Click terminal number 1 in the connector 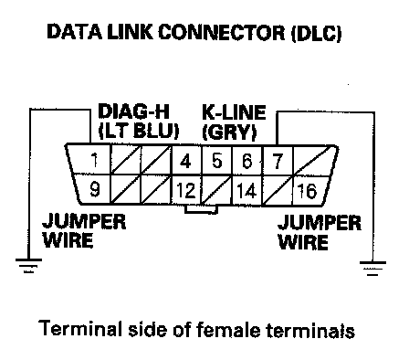click(95, 160)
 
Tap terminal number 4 click(185, 161)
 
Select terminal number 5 click(216, 161)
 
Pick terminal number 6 click(247, 161)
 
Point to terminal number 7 click(278, 162)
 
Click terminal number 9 click(95, 189)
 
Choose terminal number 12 click(185, 191)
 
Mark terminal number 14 click(246, 191)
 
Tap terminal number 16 click(307, 191)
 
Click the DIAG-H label click(133, 111)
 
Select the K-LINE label click(234, 112)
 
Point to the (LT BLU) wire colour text click(139, 132)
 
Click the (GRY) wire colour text click(229, 132)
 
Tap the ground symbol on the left click(28, 265)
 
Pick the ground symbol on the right click(372, 268)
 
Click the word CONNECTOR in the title click(221, 32)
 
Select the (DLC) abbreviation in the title click(316, 33)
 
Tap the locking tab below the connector click(201, 209)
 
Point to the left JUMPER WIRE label click(84, 231)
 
